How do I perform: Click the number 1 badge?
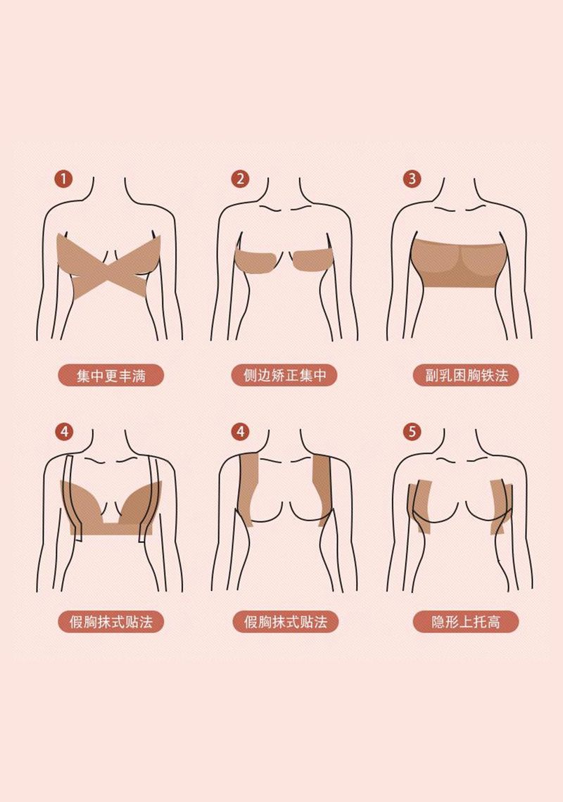click(63, 179)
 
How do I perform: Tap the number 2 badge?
click(240, 179)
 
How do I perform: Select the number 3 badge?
click(412, 179)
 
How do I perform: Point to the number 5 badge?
click(412, 432)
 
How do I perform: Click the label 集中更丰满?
click(110, 376)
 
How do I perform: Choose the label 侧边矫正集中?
click(284, 376)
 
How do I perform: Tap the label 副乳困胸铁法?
click(466, 376)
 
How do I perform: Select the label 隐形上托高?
click(466, 622)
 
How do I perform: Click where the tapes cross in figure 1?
click(109, 268)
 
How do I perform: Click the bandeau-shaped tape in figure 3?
click(459, 264)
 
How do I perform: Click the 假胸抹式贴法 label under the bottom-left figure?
click(110, 622)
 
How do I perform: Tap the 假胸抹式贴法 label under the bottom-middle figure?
click(284, 622)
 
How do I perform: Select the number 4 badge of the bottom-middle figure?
click(240, 432)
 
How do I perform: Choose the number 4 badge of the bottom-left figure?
click(63, 432)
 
